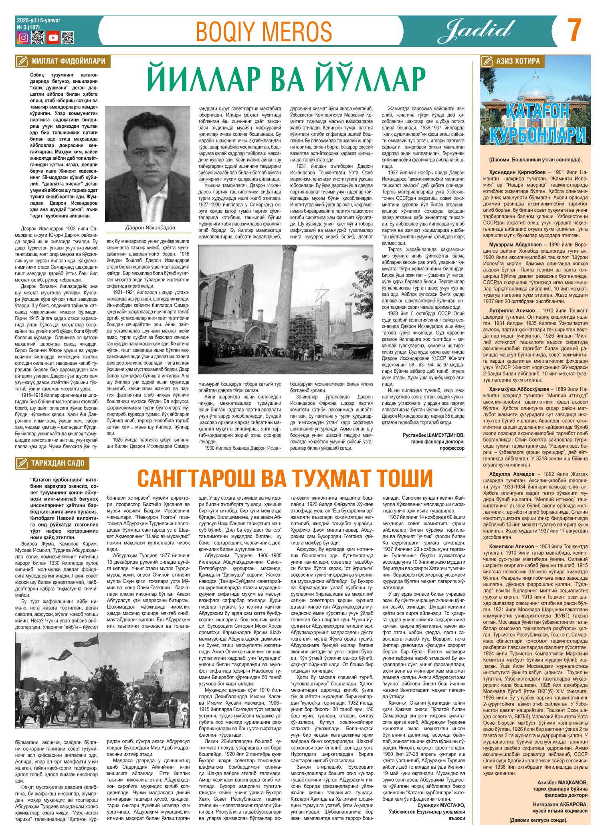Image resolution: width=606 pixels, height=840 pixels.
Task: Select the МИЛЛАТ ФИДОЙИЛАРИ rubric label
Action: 67,61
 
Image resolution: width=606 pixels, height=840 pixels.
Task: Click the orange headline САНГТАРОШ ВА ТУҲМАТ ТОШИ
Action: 285,478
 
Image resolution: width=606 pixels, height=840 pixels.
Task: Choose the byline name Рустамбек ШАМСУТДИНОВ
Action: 434,435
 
